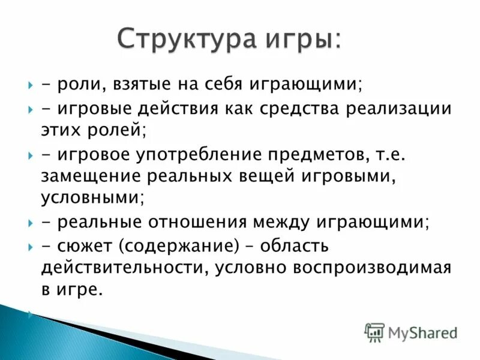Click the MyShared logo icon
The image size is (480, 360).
click(374, 332)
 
